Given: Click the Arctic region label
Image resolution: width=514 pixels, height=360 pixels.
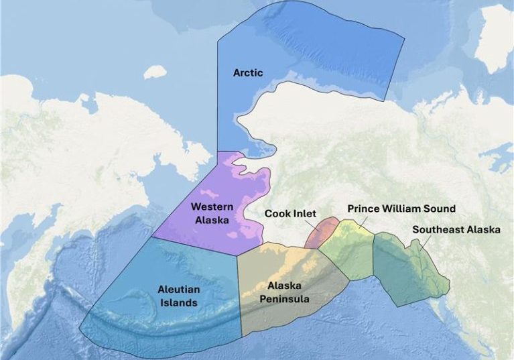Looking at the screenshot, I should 247,72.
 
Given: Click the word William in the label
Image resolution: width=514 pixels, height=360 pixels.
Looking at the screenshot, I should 404,208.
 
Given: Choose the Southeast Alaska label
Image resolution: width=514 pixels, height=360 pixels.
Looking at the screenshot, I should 456,229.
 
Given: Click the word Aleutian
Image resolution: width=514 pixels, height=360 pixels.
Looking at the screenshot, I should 178,290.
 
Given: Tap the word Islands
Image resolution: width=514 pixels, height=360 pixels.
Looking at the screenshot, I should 178,302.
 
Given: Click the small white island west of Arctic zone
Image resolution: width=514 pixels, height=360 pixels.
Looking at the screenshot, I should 155,72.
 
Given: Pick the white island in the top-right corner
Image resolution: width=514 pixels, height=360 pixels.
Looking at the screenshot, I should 497,40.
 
